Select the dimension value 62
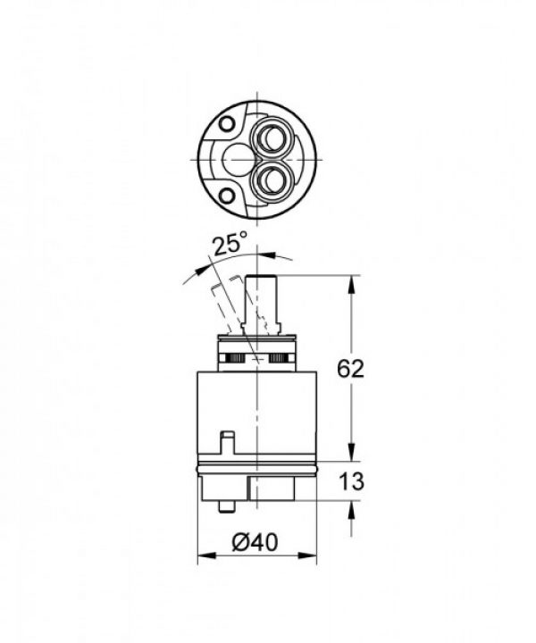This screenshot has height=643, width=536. pos(351,369)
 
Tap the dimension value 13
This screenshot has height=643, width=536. pos(352,482)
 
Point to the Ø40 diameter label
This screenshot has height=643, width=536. pos(257,541)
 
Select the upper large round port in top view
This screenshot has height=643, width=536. pos(270,138)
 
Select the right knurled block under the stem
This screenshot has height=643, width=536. pos(280,358)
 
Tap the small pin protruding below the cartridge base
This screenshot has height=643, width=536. pos(223,506)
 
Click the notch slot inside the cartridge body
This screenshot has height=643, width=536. pos(225,446)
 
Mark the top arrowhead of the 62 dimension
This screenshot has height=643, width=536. pos(351,282)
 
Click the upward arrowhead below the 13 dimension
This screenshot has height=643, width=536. pos(351,508)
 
